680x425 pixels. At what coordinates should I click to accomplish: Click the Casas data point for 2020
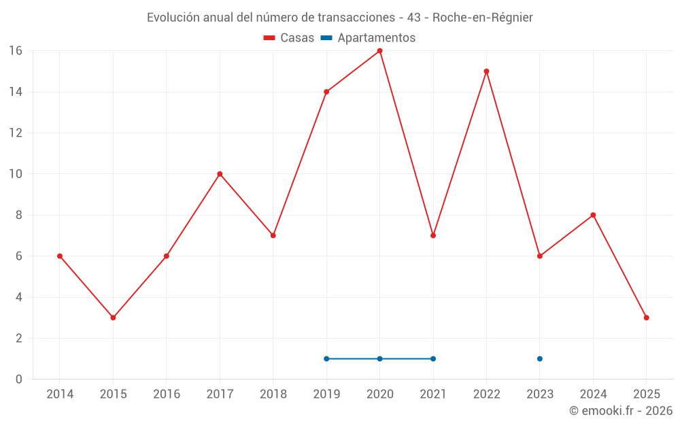(379, 51)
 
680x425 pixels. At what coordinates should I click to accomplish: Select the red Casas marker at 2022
(486, 71)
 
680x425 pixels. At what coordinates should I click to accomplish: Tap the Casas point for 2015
(113, 318)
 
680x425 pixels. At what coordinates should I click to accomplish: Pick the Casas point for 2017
(220, 174)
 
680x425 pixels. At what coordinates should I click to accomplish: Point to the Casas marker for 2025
(646, 318)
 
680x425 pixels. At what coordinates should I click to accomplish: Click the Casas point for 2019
(326, 92)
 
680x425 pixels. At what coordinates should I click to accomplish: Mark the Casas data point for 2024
(593, 215)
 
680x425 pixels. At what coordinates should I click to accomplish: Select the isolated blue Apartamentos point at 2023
(539, 358)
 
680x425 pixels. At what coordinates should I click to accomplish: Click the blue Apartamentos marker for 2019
(326, 358)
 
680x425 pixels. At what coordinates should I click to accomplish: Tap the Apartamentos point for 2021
(433, 358)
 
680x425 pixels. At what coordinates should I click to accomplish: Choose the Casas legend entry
(289, 38)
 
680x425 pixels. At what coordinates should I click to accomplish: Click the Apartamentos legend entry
(368, 38)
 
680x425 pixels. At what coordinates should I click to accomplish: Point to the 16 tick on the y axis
(16, 51)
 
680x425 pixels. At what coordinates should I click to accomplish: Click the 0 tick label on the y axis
(19, 379)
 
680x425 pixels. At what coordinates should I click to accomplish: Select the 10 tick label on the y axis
(16, 174)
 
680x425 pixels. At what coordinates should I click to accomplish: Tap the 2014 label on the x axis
(60, 394)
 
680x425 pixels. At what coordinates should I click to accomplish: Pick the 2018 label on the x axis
(273, 394)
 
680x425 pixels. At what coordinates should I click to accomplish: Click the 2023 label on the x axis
(539, 394)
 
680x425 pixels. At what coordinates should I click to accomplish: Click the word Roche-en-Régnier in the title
(482, 17)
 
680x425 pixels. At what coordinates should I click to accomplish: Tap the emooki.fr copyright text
(621, 411)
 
